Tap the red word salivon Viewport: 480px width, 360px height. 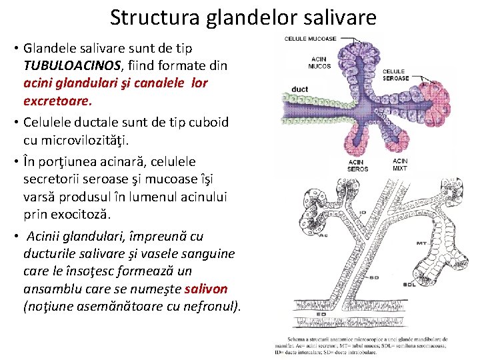[206, 289]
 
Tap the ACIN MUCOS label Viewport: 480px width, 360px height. [319, 62]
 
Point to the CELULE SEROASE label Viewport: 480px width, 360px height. [395, 75]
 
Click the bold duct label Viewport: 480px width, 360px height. [300, 89]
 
